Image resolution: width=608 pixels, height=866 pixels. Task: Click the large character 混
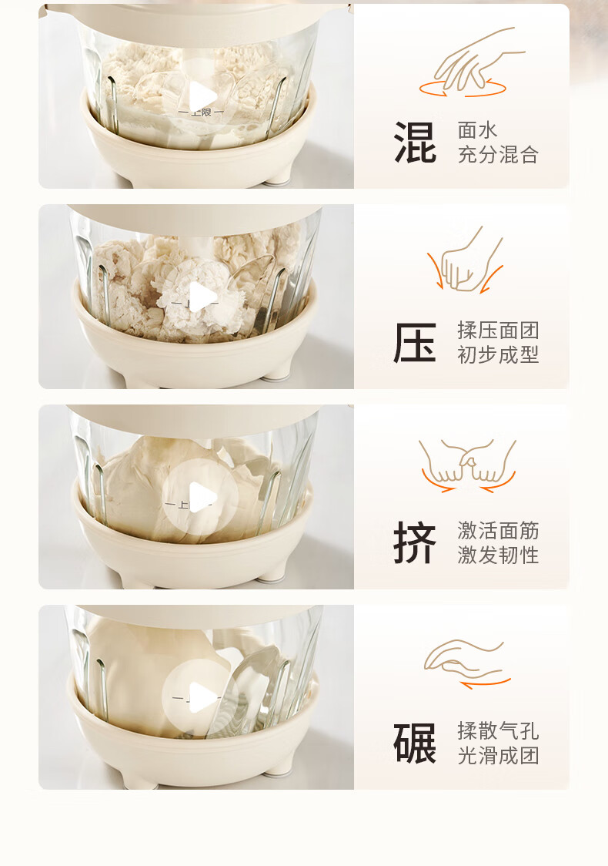point(415,143)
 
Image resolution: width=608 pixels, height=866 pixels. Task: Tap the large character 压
point(415,342)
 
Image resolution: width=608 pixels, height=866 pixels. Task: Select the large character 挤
point(415,542)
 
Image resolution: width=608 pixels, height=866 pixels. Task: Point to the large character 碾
point(415,743)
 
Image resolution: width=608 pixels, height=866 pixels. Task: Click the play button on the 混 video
point(200,96)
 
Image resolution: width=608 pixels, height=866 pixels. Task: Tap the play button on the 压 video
point(200,297)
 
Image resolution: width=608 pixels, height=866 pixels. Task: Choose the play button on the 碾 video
point(200,697)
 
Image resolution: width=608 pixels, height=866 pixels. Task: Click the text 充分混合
point(498,155)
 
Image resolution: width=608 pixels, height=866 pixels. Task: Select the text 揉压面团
point(498,331)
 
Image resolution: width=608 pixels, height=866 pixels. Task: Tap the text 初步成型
point(498,354)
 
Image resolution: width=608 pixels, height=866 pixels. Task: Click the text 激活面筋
point(498,530)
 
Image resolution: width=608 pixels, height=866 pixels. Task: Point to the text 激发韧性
point(498,555)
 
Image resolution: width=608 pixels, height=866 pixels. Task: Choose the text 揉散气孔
point(498,730)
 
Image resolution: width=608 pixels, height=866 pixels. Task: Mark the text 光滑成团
point(498,755)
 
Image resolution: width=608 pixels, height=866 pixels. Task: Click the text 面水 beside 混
point(478,130)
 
